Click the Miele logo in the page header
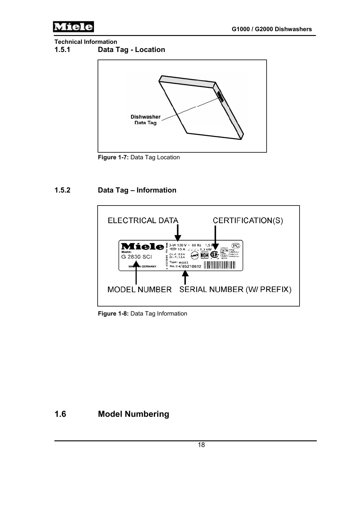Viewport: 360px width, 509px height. (73, 27)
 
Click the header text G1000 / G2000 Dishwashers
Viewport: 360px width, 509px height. (271, 29)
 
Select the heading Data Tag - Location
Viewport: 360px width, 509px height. (131, 50)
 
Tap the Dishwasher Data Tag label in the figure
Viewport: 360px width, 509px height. (145, 119)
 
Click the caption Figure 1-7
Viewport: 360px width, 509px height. (139, 157)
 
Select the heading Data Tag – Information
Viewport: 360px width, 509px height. (137, 190)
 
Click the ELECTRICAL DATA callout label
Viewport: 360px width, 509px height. (143, 220)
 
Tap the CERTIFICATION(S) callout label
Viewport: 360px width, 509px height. (248, 220)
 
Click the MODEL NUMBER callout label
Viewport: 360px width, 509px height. (139, 290)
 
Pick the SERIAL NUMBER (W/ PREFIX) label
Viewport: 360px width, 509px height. (235, 290)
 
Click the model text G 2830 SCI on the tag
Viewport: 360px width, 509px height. (137, 257)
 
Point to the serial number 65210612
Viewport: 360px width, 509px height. (192, 266)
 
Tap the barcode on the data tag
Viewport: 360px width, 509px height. (219, 265)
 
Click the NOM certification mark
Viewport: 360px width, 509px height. (205, 255)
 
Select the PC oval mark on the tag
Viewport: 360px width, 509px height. (236, 246)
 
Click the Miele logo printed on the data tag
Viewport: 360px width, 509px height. (142, 246)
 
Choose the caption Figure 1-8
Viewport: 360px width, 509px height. (142, 313)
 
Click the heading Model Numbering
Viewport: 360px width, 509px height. (133, 414)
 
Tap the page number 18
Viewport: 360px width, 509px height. (201, 445)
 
